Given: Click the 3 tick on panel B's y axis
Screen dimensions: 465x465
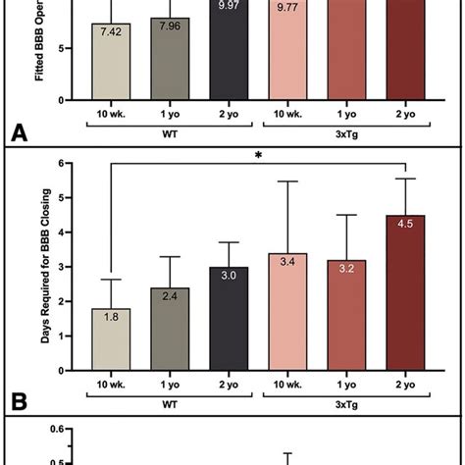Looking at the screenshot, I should [68, 266].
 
